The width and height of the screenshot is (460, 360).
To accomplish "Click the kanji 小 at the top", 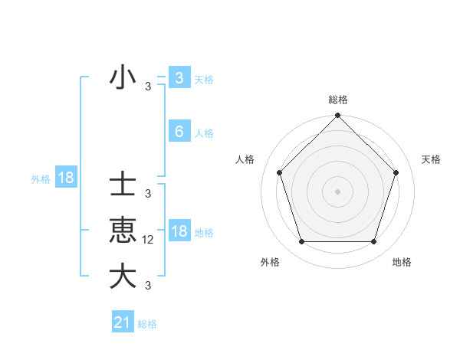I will (x=123, y=78).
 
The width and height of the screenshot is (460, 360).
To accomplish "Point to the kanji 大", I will (x=123, y=277).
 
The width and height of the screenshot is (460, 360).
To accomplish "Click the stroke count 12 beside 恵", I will (x=148, y=240).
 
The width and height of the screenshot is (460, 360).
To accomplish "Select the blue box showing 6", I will (x=179, y=132).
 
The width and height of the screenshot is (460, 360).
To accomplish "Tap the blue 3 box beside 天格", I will (x=179, y=78).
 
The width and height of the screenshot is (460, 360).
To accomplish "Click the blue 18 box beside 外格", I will (x=65, y=178).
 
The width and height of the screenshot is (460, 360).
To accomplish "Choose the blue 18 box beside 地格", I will (x=179, y=231).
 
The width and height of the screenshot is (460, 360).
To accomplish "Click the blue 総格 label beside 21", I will (x=147, y=324).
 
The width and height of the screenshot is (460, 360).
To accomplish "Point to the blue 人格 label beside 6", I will (x=204, y=133).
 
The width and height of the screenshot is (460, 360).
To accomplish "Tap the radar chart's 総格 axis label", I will (x=337, y=100).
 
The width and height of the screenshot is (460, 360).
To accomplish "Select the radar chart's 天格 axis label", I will (x=432, y=159).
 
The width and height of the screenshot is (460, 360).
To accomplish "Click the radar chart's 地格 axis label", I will (x=402, y=262).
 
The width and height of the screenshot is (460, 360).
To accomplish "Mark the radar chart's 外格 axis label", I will (x=270, y=262).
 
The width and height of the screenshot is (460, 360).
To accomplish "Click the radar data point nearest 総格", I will (x=337, y=116).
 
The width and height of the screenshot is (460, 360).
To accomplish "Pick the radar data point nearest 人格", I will (x=279, y=172).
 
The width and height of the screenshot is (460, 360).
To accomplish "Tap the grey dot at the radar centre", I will (x=337, y=191).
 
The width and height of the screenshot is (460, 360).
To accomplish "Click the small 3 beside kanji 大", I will (x=148, y=286).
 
